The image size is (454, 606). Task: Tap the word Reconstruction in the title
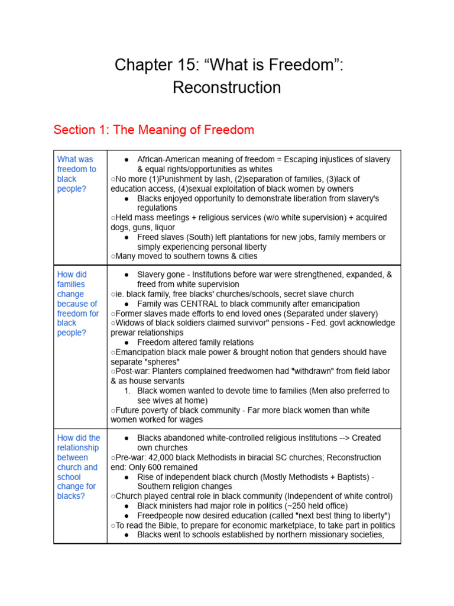(x=227, y=88)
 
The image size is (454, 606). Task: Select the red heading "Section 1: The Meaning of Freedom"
(x=154, y=130)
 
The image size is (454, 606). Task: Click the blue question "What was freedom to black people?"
(x=76, y=173)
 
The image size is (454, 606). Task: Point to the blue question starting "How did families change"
(x=77, y=304)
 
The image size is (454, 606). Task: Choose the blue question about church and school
(x=77, y=466)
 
